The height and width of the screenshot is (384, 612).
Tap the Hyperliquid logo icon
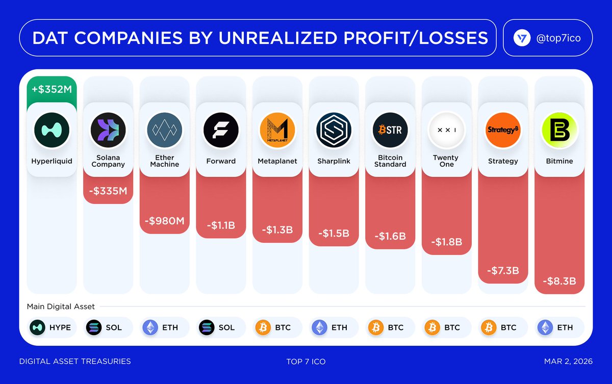[52, 130]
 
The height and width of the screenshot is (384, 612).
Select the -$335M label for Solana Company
[108, 191]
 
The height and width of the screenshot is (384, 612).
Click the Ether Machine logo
[164, 130]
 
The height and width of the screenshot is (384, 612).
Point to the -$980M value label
[164, 221]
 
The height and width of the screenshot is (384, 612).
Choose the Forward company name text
[221, 161]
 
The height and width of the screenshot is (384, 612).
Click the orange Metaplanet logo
[277, 130]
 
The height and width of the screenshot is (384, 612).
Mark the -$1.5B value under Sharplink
[334, 234]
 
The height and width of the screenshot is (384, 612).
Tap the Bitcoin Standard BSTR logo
[390, 130]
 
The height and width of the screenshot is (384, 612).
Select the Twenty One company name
[446, 161]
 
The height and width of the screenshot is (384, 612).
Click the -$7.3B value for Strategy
[503, 270]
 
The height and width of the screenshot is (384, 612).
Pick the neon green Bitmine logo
[559, 130]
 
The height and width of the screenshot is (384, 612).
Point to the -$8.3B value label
[559, 281]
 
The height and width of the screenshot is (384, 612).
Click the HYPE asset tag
[52, 327]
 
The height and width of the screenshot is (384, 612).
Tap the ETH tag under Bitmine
[559, 327]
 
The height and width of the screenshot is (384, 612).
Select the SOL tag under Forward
[221, 327]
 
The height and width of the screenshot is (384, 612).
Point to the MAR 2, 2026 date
[568, 362]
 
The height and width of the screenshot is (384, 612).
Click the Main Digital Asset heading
[61, 307]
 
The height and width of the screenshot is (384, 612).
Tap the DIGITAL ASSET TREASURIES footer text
[75, 362]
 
